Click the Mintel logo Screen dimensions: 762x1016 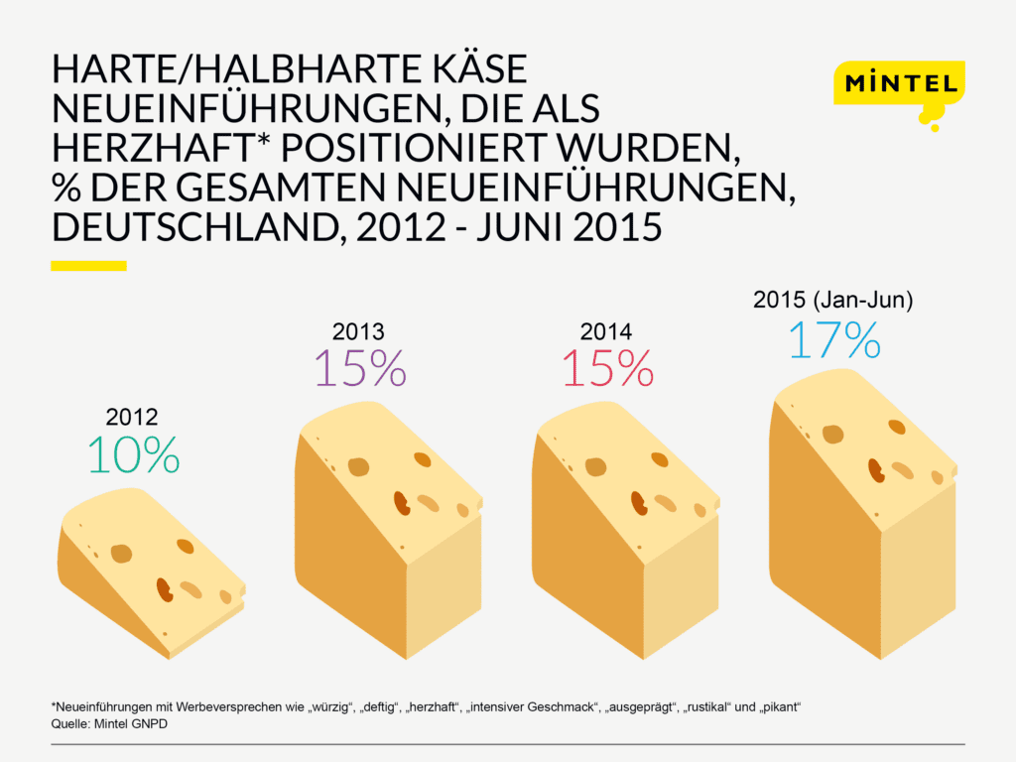898,83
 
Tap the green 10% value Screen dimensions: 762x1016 133,454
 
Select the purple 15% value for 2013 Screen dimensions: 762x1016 359,367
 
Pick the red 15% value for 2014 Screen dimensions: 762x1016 607,367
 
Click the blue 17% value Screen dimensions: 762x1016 833,339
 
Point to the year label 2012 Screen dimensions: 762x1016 131,418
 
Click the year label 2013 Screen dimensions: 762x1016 358,331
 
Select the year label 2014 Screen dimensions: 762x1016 606,331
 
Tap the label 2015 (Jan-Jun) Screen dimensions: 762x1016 833,300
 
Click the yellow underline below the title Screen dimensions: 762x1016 88,266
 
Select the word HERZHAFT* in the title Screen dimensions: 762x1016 160,147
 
